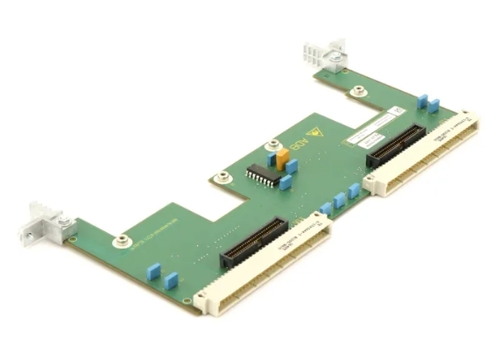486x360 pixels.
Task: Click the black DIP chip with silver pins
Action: coord(260,175)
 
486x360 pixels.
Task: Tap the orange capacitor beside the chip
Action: coord(282,159)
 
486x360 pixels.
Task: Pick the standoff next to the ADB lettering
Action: coord(274,146)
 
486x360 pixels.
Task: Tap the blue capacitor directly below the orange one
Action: coord(285,181)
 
